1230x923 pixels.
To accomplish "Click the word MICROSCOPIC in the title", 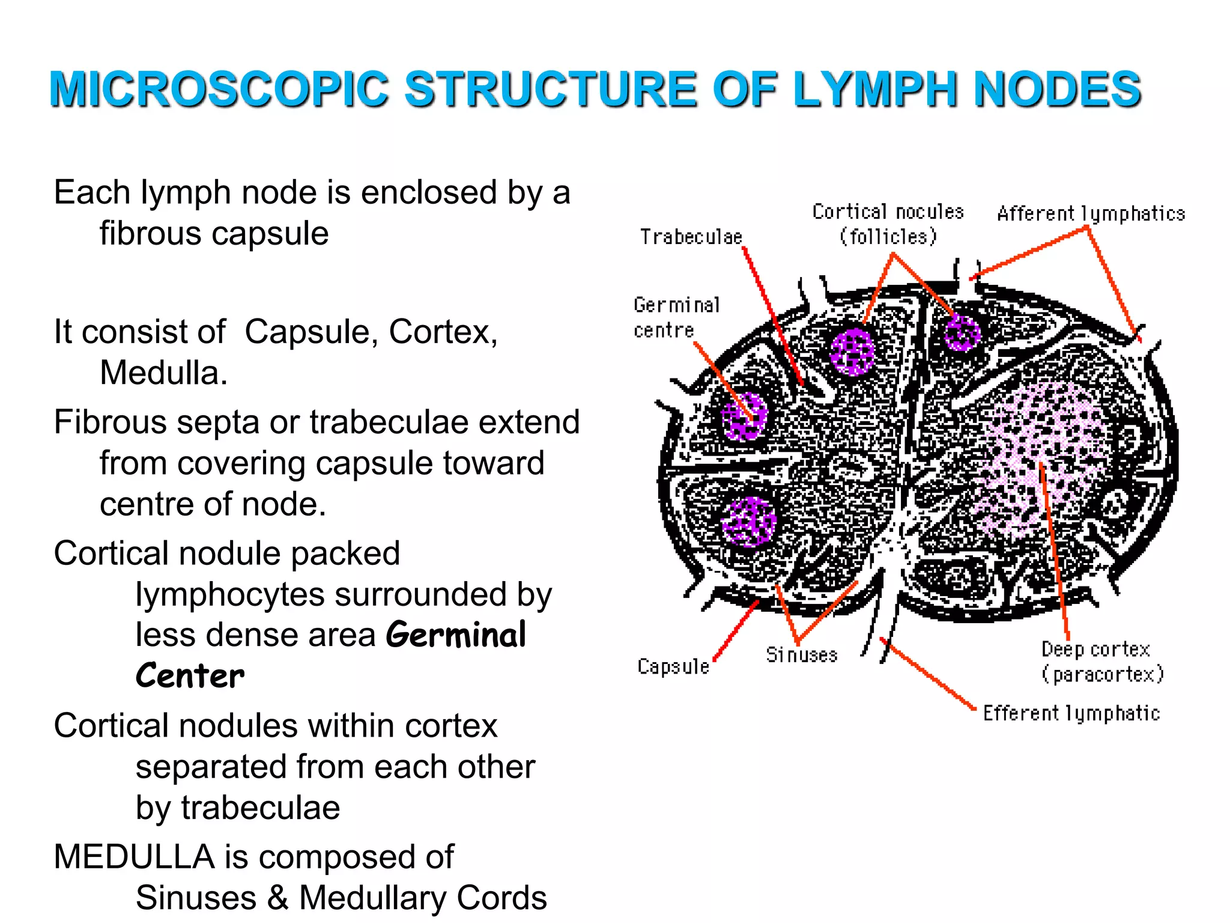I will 219,89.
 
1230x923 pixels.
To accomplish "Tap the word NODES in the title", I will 1057,89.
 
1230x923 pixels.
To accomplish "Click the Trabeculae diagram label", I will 691,237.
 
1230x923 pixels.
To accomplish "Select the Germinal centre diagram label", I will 676,317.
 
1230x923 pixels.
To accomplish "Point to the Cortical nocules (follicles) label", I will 888,224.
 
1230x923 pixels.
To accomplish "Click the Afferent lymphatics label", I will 1091,214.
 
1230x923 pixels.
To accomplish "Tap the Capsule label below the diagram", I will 673,666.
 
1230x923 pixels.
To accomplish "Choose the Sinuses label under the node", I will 801,654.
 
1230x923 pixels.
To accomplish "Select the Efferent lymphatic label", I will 1071,713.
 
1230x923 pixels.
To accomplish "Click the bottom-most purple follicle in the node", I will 749,522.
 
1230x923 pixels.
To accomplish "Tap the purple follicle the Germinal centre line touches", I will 744,416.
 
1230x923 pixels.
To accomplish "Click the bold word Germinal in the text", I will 456,635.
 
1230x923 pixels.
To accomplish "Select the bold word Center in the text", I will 190,676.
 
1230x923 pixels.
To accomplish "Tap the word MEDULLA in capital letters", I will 134,856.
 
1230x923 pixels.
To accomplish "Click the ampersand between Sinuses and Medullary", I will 277,898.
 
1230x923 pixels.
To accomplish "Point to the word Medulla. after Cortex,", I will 163,373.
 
